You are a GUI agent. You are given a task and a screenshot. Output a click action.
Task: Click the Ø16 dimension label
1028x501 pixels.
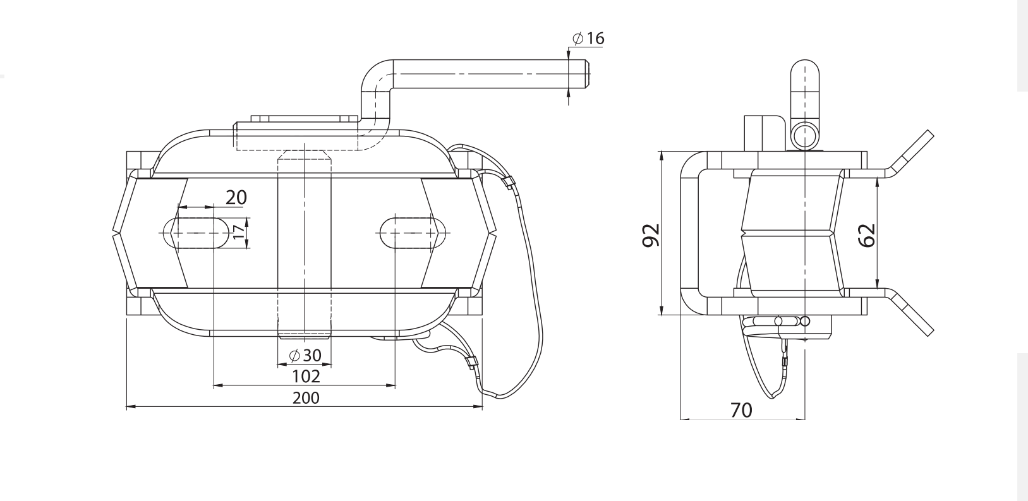pyautogui.click(x=588, y=39)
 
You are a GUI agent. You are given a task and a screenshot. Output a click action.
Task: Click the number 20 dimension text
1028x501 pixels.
pyautogui.click(x=236, y=197)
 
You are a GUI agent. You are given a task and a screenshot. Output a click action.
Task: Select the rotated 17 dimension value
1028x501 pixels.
pyautogui.click(x=238, y=232)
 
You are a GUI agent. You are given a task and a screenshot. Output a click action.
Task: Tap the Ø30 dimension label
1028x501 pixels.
pyautogui.click(x=305, y=356)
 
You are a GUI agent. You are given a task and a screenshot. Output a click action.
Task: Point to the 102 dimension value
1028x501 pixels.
pyautogui.click(x=306, y=377)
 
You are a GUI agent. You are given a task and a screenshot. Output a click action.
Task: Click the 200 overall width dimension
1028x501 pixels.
pyautogui.click(x=306, y=398)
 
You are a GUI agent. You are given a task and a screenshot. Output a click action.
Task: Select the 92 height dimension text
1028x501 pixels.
pyautogui.click(x=651, y=234)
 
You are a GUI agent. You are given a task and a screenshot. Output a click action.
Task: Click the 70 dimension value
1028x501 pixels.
pyautogui.click(x=741, y=411)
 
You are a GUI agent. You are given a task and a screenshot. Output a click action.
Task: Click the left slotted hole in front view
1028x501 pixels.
pyautogui.click(x=195, y=233)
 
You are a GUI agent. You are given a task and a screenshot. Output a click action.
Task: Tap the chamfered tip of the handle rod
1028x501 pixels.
pyautogui.click(x=586, y=73)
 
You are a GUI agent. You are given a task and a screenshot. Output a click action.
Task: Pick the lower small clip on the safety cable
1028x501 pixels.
pyautogui.click(x=470, y=363)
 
